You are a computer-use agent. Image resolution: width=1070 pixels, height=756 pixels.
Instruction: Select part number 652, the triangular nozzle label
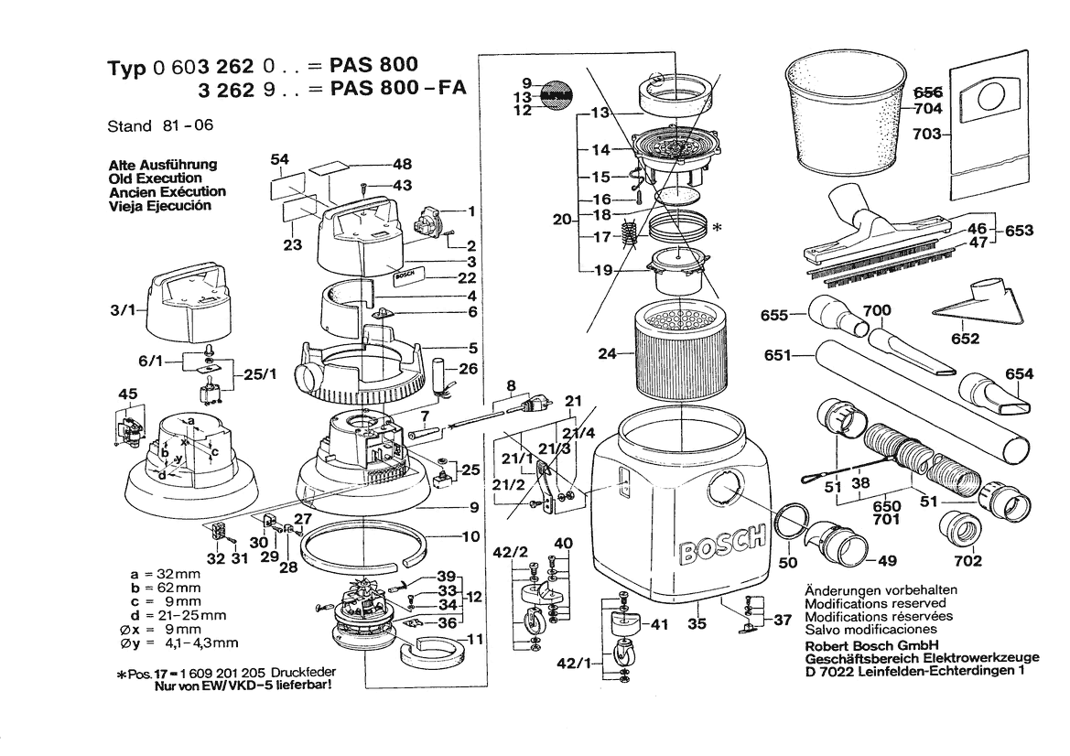click(x=965, y=339)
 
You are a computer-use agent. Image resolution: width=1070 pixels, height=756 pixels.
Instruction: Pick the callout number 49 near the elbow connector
click(x=887, y=560)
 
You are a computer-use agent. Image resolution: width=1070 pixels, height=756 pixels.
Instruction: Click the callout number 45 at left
click(x=127, y=394)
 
